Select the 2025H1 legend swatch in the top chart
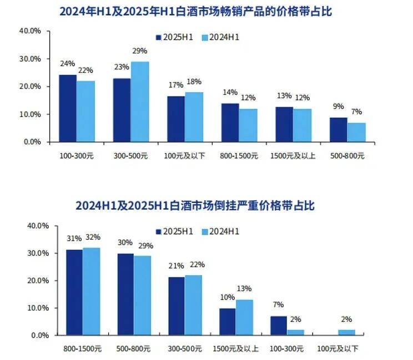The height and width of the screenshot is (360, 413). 158,37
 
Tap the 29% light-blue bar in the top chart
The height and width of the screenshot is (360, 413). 140,102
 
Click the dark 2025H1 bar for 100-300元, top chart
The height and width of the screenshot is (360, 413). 68,108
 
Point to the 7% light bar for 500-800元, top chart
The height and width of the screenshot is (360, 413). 356,132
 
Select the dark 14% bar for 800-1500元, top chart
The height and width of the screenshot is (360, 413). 230,122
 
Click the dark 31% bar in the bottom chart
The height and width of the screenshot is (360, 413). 74,292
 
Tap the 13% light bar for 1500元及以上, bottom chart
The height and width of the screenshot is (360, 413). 244,317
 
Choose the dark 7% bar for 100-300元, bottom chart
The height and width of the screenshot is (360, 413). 279,326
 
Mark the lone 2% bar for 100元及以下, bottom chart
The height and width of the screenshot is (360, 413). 346,332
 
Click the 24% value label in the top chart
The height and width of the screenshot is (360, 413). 68,63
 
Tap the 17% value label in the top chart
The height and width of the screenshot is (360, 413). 175,85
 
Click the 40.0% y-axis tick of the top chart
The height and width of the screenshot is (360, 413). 30,31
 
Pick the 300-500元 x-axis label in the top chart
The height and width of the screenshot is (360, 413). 130,156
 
